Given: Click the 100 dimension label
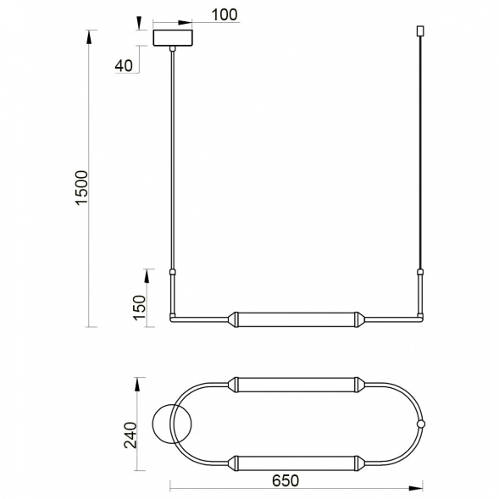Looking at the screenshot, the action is click(x=225, y=14).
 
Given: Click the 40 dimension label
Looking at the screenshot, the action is click(x=124, y=65).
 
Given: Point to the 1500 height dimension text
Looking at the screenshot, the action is click(x=82, y=188).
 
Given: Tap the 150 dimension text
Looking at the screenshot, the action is click(x=140, y=308).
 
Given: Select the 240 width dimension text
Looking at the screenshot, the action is click(x=130, y=435).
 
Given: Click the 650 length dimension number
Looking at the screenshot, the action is click(x=286, y=480).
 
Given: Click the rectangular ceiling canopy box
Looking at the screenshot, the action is click(x=173, y=38).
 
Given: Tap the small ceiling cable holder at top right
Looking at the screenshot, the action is click(x=421, y=30).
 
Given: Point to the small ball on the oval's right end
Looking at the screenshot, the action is click(x=421, y=424).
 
